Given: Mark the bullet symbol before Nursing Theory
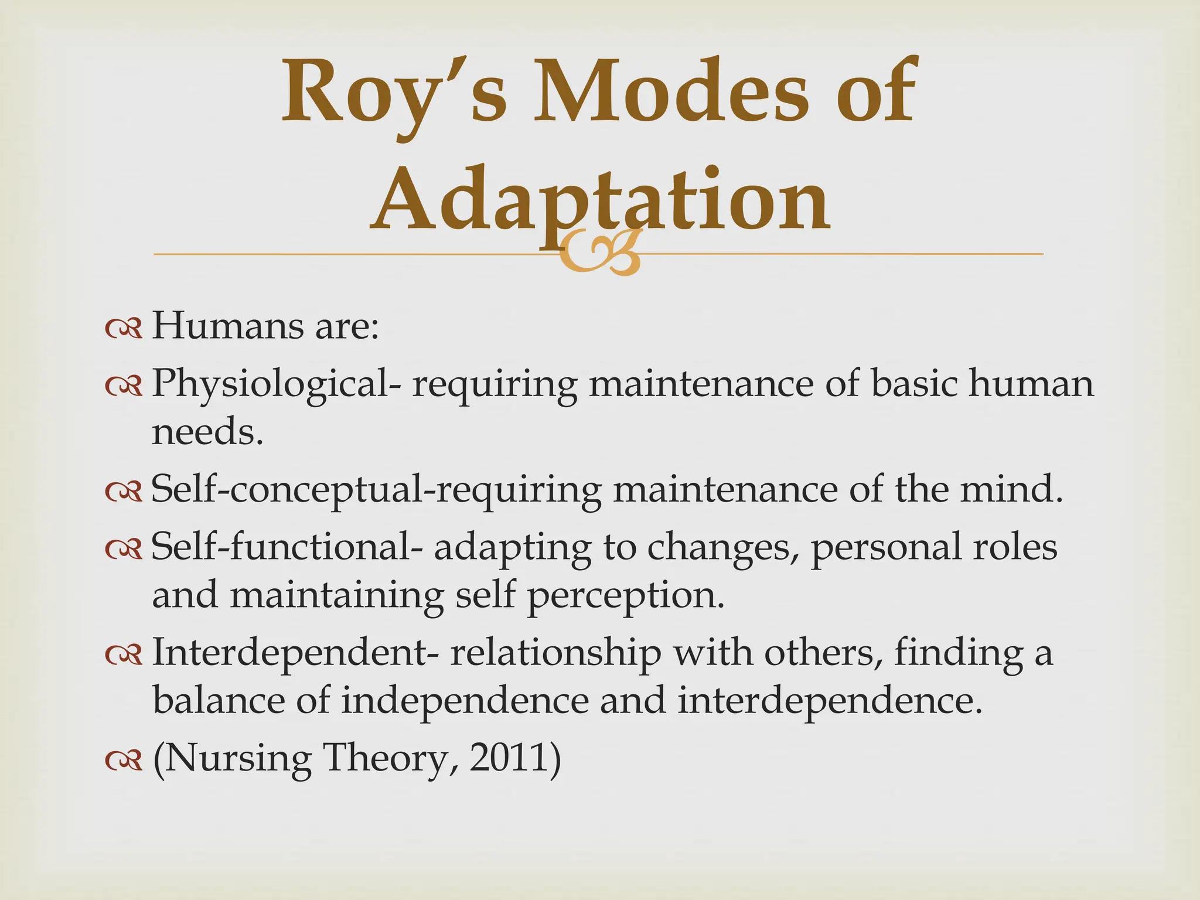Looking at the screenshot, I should (x=124, y=761).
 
